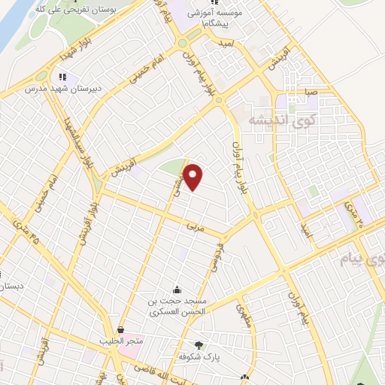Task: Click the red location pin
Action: point(193,177)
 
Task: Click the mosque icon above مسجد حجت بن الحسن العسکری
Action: point(177,290)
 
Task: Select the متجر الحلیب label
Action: point(121,340)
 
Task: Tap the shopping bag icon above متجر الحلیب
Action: point(121,329)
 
